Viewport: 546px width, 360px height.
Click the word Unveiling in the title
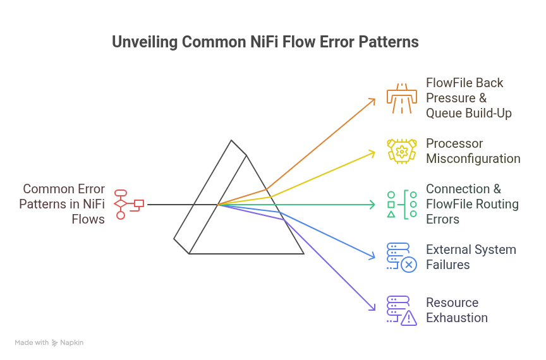[143, 42]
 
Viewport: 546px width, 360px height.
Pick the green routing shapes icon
[402, 204]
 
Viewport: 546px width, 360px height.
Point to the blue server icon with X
[402, 257]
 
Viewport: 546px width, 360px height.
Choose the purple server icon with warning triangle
[402, 310]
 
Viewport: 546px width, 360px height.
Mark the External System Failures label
[471, 257]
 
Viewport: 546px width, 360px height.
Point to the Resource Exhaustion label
[456, 310]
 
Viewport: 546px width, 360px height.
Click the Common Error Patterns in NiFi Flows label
[63, 204]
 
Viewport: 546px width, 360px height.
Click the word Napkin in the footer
[72, 342]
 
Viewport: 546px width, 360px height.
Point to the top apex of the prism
[231, 140]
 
